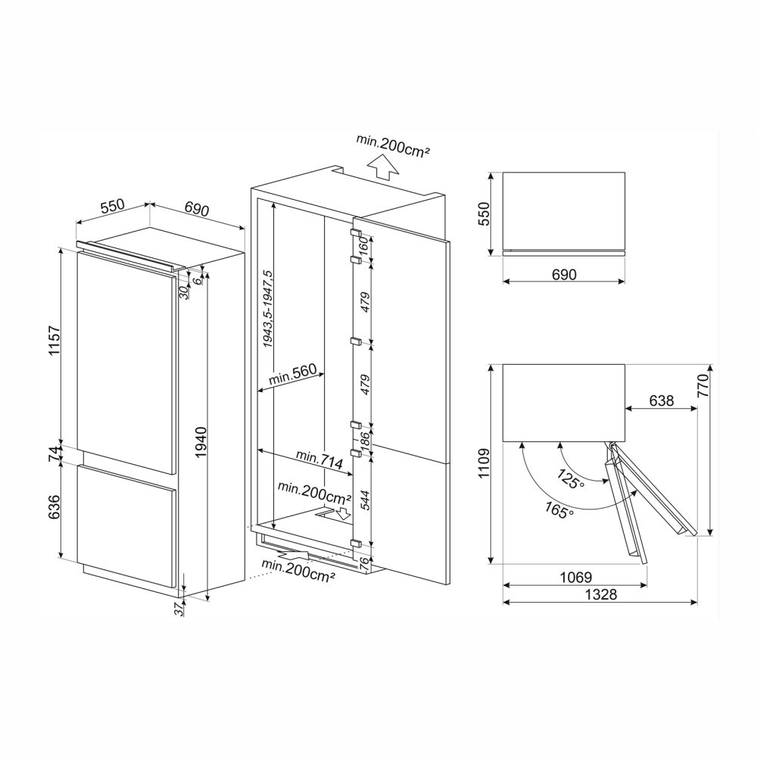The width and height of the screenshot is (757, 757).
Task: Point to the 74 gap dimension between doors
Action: click(53, 453)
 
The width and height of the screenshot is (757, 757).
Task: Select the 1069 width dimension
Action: click(575, 577)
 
